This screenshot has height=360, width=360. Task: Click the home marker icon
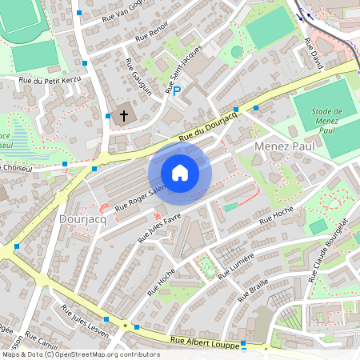(180, 173)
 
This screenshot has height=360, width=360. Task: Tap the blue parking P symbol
(178, 92)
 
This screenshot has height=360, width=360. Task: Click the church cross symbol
(124, 116)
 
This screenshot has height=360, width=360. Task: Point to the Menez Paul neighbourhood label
(283, 147)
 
